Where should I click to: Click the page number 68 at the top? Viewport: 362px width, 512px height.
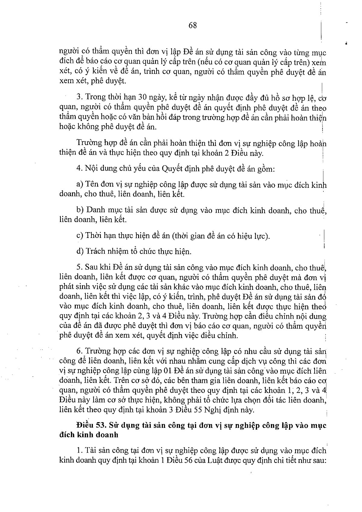click(193, 26)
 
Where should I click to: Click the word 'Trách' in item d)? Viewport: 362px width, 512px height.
click(95, 251)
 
